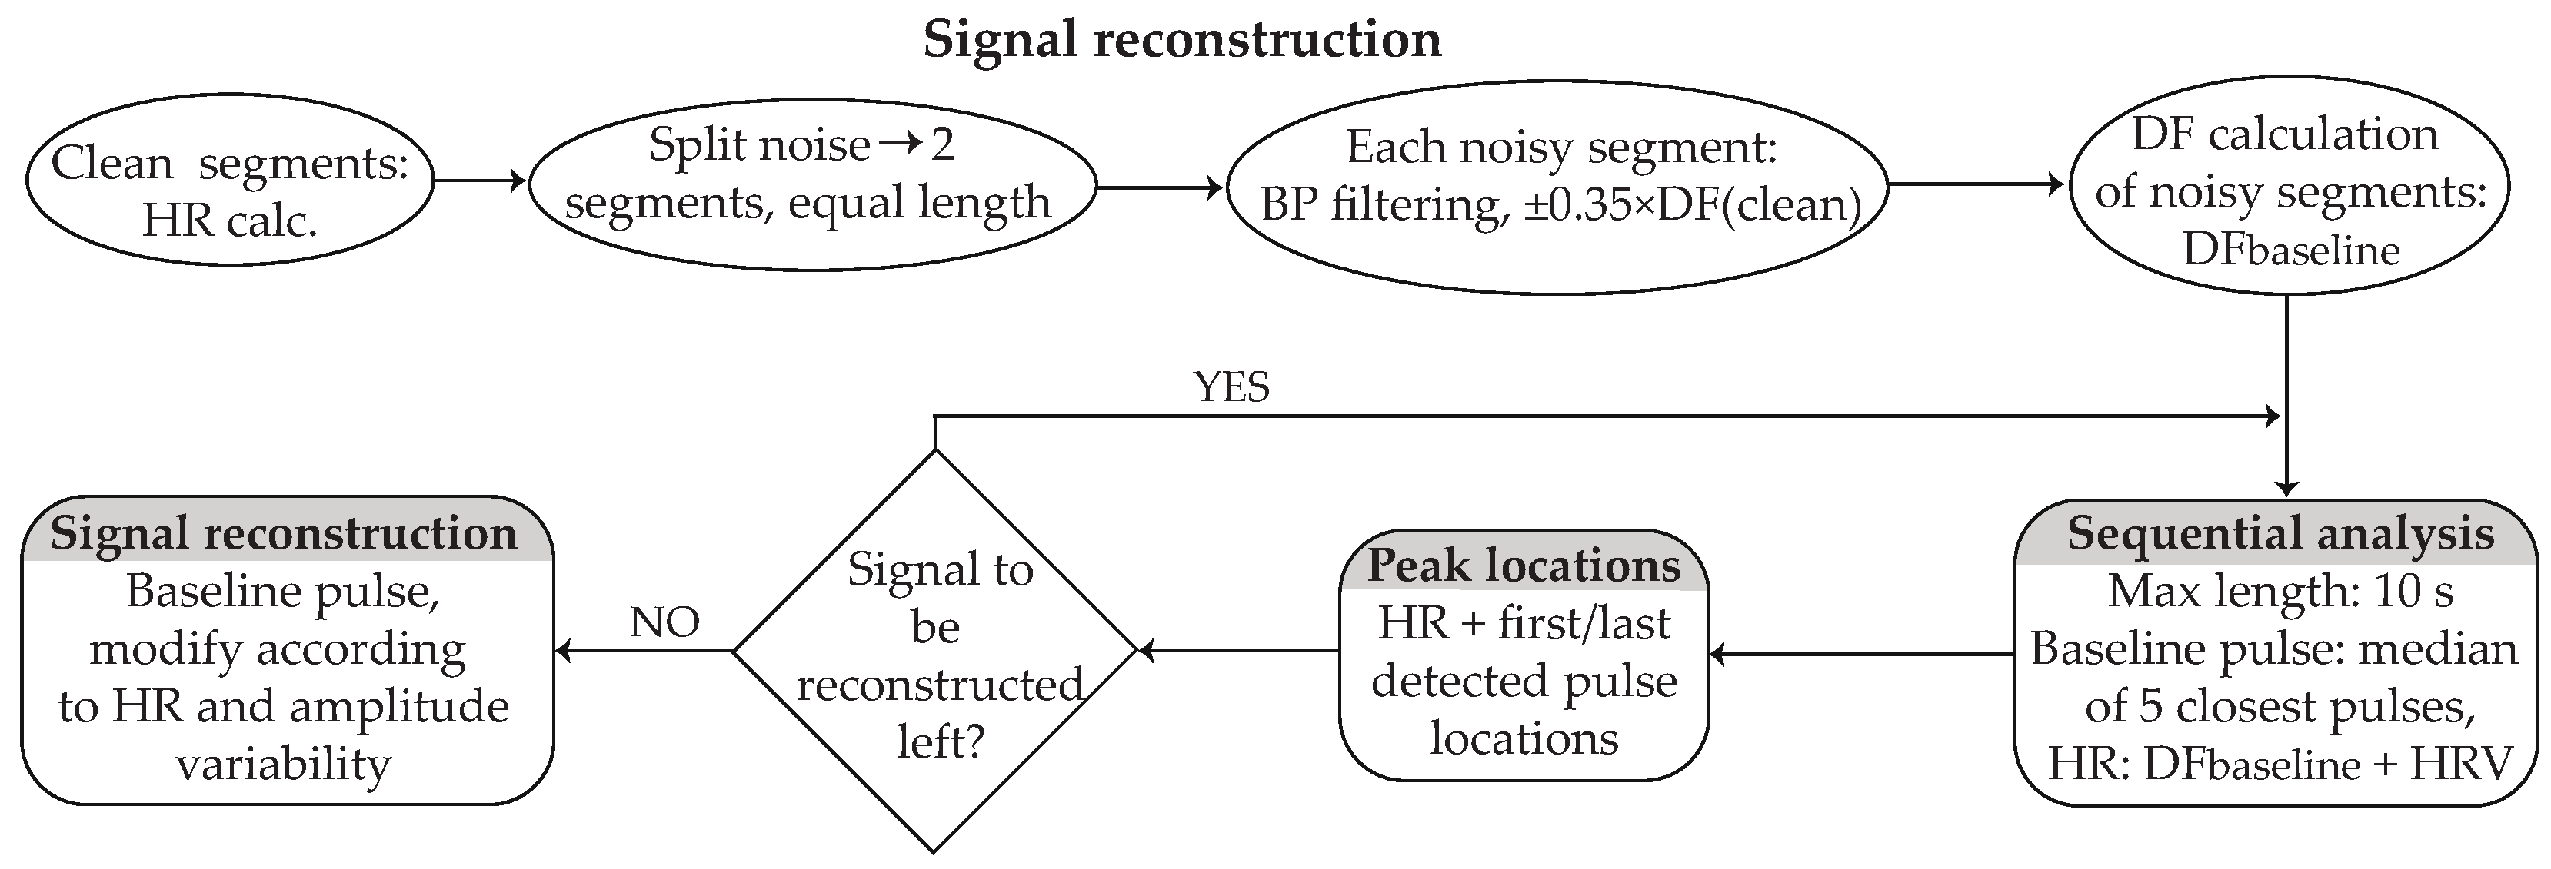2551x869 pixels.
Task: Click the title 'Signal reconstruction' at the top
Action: [x=1181, y=40]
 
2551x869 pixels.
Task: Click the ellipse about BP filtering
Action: [x=1557, y=178]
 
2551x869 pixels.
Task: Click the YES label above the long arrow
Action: [x=1232, y=387]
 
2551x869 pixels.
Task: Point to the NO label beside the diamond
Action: [x=664, y=622]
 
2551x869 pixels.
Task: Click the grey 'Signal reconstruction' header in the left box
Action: [x=285, y=533]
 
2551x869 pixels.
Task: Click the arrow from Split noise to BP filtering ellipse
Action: [x=1160, y=187]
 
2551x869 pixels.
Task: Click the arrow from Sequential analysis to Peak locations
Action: [x=1862, y=654]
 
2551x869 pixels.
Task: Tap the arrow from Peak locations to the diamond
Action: [x=1238, y=652]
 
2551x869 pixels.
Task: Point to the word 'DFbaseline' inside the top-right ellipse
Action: [x=2290, y=250]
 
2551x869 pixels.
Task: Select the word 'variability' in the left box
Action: [x=285, y=764]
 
